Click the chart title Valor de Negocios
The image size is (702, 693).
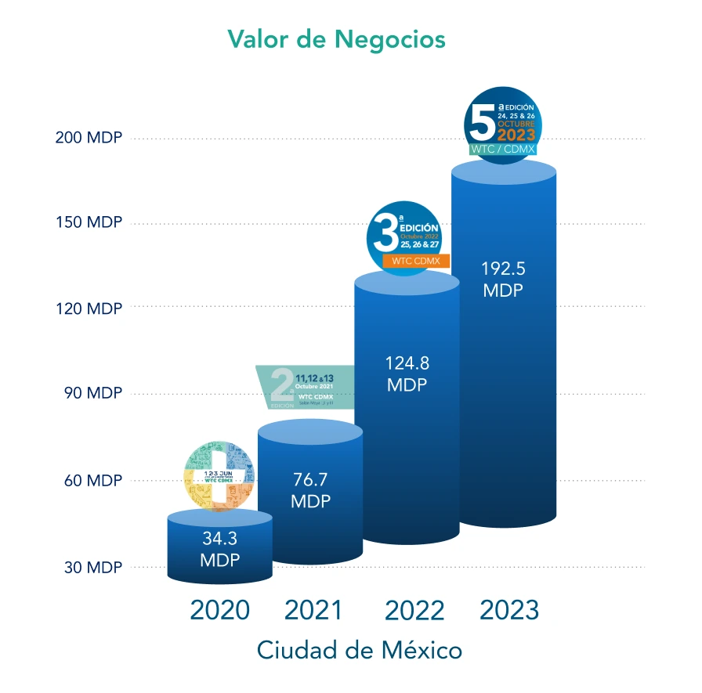coord(336,38)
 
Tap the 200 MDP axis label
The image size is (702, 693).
coord(89,138)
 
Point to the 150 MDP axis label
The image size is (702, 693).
coord(89,222)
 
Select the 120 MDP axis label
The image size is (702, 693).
coord(89,309)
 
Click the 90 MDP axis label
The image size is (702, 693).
coord(92,393)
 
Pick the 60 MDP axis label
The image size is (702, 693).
coord(92,480)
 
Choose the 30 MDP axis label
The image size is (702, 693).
coord(92,567)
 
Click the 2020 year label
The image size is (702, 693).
coord(219,610)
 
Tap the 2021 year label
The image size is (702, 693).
coord(313,610)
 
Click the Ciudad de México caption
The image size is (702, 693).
coord(359,650)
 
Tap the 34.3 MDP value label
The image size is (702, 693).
coord(219,550)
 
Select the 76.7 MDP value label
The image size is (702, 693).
coord(310,490)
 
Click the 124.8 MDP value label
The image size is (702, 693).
coord(407,374)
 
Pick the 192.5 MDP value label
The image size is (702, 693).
coord(504,279)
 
